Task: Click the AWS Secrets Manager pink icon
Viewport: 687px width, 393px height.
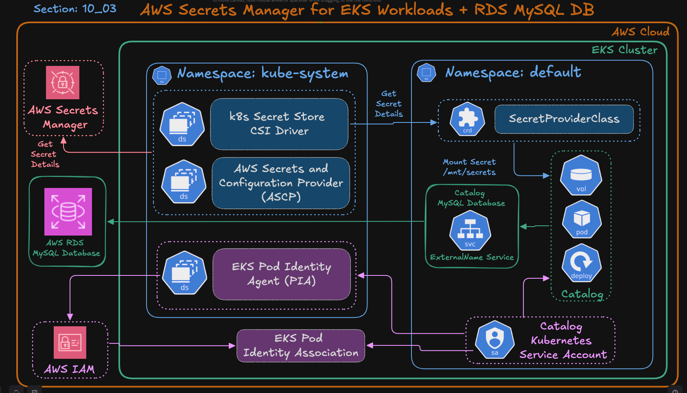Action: [x=63, y=83]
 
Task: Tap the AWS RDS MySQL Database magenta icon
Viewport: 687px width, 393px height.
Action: [x=68, y=212]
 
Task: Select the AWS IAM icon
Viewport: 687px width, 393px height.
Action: [x=70, y=343]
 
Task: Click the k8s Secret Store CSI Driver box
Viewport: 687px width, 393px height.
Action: [x=279, y=124]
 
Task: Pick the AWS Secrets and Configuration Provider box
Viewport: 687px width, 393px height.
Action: [x=281, y=183]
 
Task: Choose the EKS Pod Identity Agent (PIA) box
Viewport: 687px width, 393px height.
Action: [x=282, y=274]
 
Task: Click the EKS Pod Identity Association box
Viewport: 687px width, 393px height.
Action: [x=301, y=345]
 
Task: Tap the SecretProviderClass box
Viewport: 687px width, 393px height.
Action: [x=564, y=119]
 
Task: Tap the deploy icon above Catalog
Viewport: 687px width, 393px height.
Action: [x=581, y=263]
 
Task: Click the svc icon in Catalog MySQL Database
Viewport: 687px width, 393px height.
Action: [x=470, y=231]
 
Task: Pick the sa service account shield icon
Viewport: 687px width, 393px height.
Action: [x=494, y=340]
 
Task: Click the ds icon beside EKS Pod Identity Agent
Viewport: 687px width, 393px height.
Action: [x=184, y=273]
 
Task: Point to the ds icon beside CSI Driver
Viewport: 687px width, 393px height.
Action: [x=182, y=124]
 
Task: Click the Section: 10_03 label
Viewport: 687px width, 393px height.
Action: [x=75, y=9]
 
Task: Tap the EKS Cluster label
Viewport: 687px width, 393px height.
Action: [x=624, y=50]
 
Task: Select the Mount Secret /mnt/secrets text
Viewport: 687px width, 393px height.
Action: [x=469, y=167]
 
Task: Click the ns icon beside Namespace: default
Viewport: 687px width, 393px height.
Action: [x=427, y=73]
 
